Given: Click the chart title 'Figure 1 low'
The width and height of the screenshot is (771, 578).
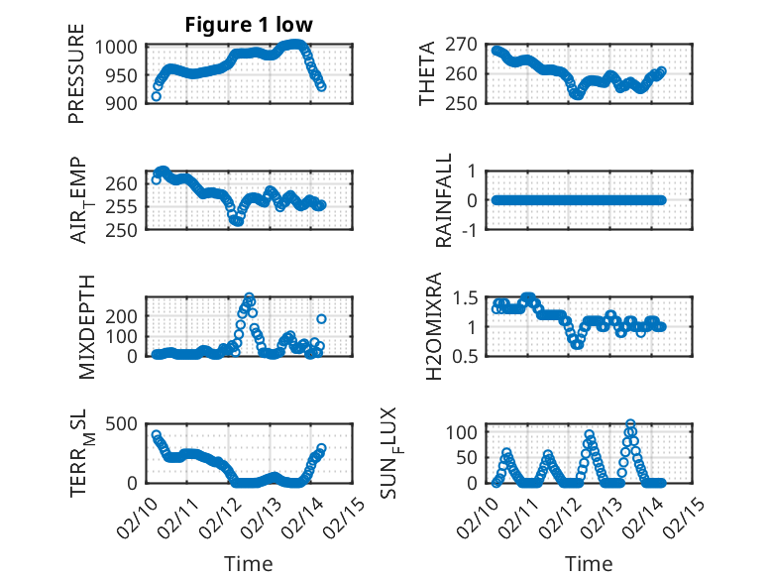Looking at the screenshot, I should pos(249,25).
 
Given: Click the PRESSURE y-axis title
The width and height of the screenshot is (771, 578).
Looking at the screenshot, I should pos(76,80).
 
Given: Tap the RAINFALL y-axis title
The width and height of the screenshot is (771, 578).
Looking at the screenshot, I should pos(445,199).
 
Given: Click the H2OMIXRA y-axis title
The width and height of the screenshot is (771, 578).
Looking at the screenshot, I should pos(434,324).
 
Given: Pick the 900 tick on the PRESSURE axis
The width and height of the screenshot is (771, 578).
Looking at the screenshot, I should pos(126,102).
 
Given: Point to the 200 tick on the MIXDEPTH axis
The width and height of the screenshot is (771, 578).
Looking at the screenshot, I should pos(126,314).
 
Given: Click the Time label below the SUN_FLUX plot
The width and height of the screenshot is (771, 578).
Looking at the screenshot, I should pos(589,563).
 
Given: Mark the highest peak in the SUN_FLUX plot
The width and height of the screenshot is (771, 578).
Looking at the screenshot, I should pos(630,424).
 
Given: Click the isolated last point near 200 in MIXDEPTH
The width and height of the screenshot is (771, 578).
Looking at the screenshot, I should pos(321,318).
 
